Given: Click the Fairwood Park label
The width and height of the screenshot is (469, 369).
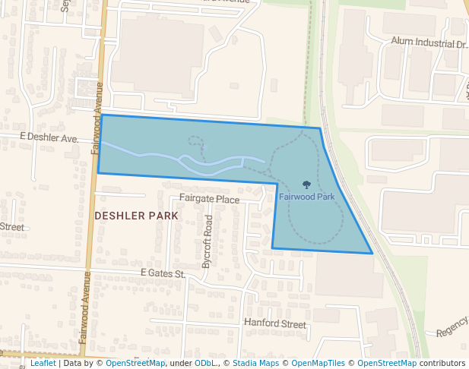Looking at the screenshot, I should [x=306, y=196].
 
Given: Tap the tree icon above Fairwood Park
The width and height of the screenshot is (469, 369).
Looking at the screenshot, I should [x=306, y=184].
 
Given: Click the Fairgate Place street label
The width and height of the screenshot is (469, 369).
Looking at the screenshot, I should [x=209, y=200].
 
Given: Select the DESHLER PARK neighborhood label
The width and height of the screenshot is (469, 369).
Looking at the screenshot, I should [x=137, y=216].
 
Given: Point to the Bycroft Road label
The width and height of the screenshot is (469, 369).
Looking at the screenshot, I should [x=207, y=241].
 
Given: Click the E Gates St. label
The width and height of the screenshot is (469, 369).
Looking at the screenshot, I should [x=163, y=273].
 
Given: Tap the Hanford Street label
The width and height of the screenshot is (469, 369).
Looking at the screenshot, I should [x=274, y=323].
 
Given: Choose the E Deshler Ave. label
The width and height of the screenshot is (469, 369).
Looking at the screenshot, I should [x=49, y=138].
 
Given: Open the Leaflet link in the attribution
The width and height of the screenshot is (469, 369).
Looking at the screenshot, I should [x=43, y=364].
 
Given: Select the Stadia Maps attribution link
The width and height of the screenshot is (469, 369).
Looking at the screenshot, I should [x=255, y=364].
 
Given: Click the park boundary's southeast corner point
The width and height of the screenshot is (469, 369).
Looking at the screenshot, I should [x=372, y=253].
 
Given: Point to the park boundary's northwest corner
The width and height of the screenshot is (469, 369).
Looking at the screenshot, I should [x=102, y=115].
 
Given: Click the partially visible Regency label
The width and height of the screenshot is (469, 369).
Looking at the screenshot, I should [x=452, y=332].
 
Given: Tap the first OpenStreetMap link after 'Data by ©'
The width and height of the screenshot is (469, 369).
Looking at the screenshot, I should [x=135, y=364].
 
